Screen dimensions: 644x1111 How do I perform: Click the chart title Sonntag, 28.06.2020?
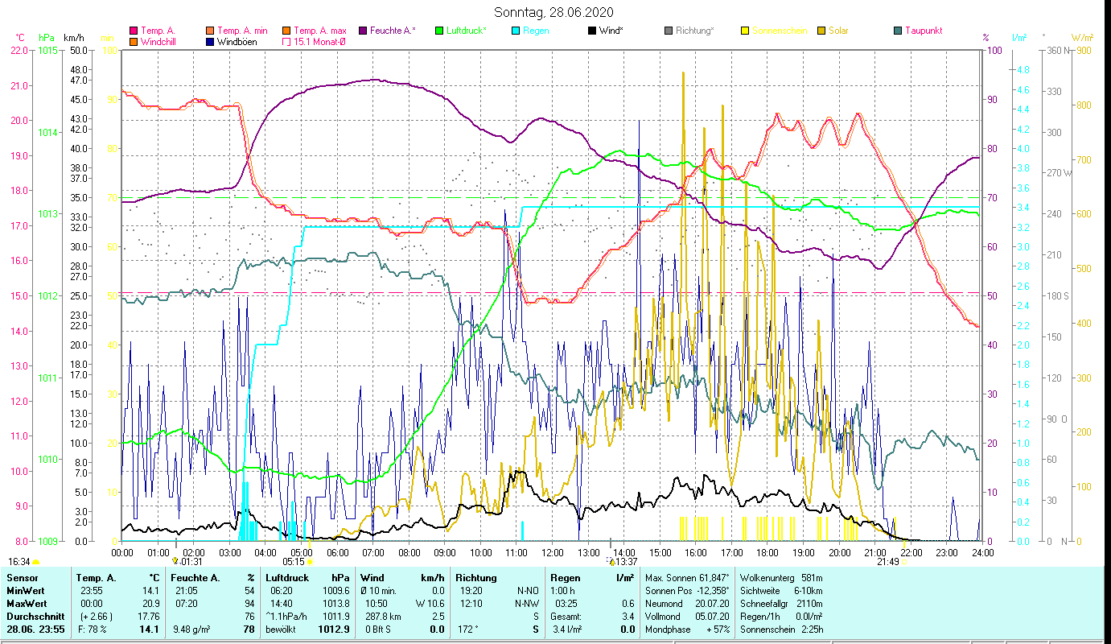(x=553, y=12)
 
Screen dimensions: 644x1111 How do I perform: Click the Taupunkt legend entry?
(x=923, y=31)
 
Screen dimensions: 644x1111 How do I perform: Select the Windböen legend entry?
(x=237, y=41)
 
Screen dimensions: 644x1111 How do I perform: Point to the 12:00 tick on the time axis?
(x=553, y=552)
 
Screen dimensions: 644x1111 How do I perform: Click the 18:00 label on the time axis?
(x=767, y=552)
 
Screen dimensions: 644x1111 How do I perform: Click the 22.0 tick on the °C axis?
(x=19, y=50)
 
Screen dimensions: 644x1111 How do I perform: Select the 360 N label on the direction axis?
(x=1055, y=50)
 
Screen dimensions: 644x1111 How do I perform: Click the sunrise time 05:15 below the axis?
(x=293, y=562)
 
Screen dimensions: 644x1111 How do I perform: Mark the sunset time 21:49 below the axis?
(x=887, y=562)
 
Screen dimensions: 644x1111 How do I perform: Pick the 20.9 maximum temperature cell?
(x=150, y=603)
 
